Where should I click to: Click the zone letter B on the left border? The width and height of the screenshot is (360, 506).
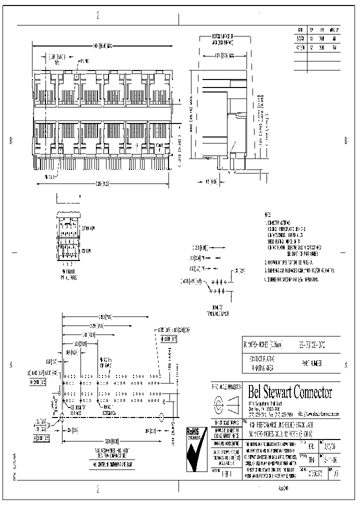click(x=10, y=140)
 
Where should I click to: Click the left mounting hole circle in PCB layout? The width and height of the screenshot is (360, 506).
click(x=61, y=415)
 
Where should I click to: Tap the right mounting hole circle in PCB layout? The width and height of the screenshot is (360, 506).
click(x=161, y=415)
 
